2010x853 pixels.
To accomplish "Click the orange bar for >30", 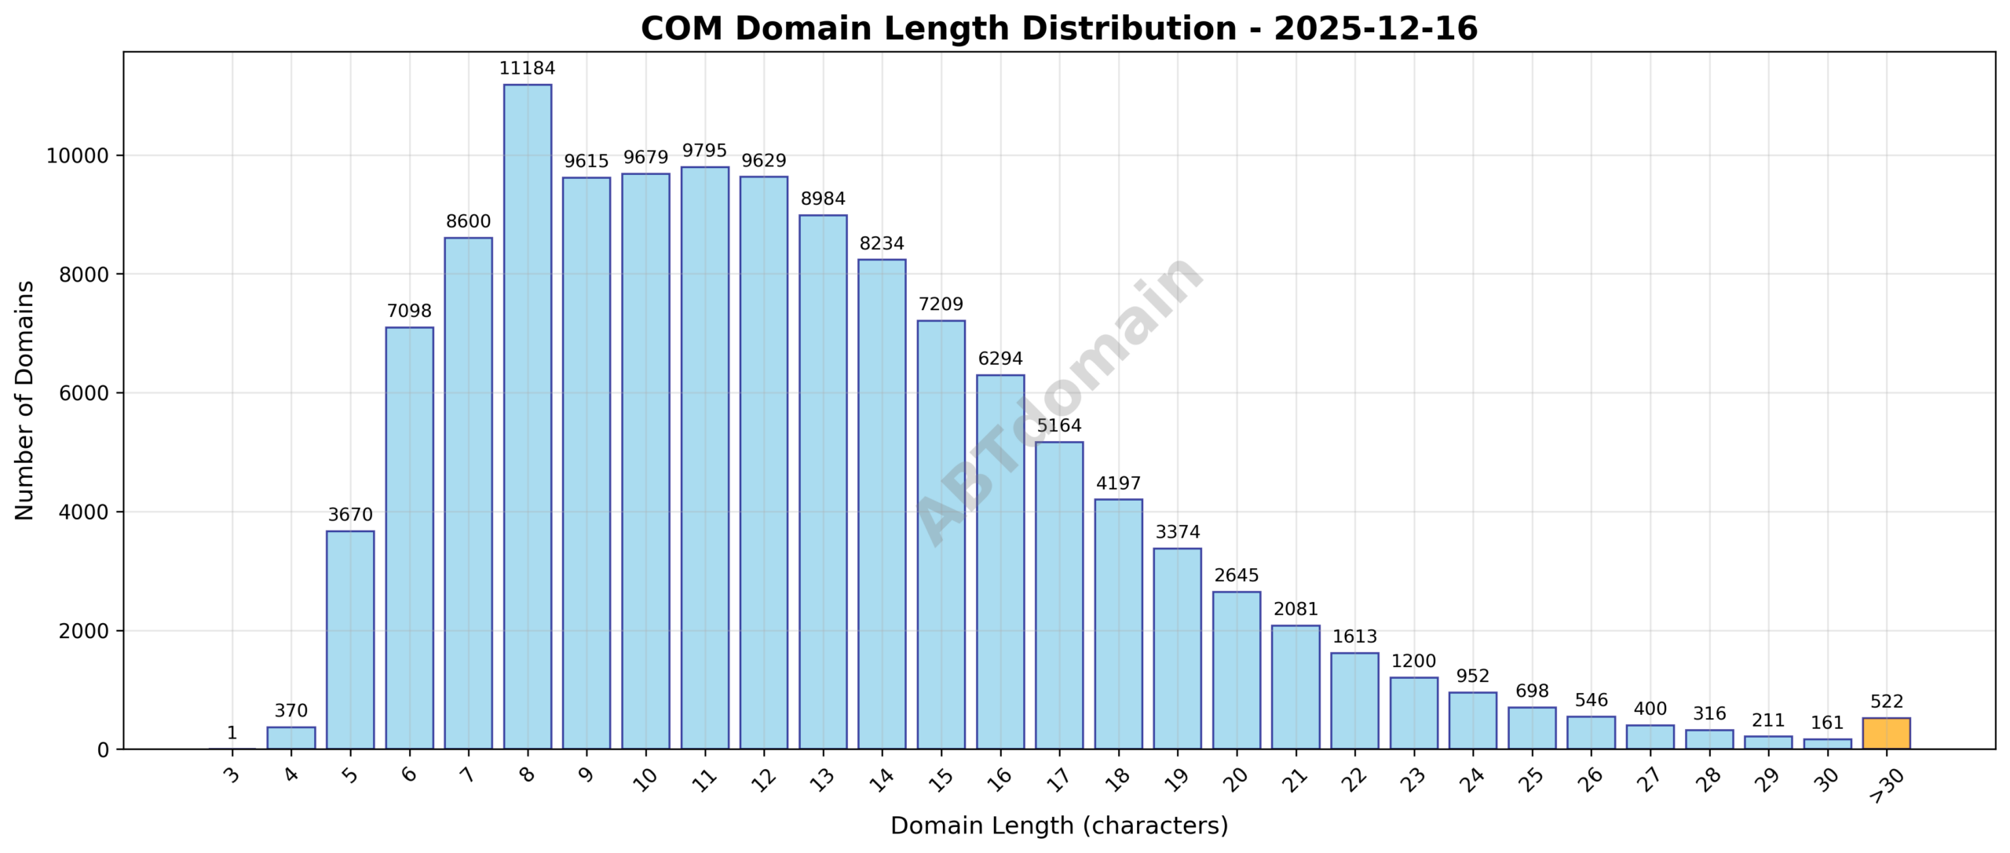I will click(x=1886, y=733).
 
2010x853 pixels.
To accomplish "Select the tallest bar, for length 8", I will click(x=528, y=416).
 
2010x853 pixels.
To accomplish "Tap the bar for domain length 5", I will click(x=350, y=640).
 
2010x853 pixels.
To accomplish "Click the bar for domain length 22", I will click(x=1354, y=700).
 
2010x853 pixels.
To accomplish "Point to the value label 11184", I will click(x=528, y=68).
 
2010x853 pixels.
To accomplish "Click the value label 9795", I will click(x=704, y=151).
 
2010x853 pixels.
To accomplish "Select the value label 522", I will click(x=1886, y=702).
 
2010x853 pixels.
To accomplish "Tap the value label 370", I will click(x=291, y=711).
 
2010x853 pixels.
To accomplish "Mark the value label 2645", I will click(x=1237, y=575).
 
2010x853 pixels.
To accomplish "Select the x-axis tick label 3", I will click(x=232, y=775).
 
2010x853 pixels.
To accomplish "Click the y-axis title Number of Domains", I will click(x=24, y=400).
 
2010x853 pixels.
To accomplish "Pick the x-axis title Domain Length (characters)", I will click(x=1058, y=826).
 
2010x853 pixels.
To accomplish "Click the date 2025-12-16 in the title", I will click(x=1376, y=29).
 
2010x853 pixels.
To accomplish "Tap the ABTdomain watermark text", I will click(x=1060, y=400).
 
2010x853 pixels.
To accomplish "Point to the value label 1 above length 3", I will click(x=232, y=733).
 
